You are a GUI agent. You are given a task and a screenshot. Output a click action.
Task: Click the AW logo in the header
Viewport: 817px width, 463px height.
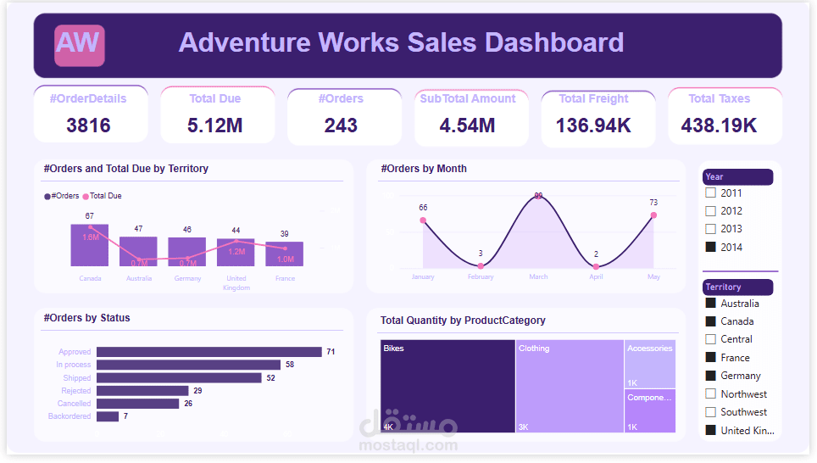click(x=79, y=45)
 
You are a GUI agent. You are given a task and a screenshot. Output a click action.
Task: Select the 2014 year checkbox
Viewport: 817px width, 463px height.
click(x=711, y=247)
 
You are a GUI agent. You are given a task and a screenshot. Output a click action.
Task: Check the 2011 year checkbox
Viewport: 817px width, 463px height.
click(x=711, y=192)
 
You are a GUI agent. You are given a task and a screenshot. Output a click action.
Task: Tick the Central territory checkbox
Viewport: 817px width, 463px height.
click(x=711, y=339)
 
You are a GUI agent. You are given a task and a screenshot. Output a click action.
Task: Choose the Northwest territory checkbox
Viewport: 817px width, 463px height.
click(x=711, y=393)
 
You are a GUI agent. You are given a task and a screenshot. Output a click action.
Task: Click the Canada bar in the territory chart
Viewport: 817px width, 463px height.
click(x=90, y=246)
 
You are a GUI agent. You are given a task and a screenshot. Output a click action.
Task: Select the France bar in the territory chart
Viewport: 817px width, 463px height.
click(x=285, y=254)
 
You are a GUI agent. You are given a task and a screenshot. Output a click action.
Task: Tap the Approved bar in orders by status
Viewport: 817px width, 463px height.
click(x=208, y=352)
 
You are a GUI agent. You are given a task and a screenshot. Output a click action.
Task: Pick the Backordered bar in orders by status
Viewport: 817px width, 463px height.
click(x=108, y=416)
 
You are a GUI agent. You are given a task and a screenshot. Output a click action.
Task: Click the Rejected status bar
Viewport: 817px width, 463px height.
click(x=142, y=391)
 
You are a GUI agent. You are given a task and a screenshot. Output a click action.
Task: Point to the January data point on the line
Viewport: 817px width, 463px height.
click(x=423, y=220)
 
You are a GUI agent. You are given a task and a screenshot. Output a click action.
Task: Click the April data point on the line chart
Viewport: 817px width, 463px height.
click(x=596, y=266)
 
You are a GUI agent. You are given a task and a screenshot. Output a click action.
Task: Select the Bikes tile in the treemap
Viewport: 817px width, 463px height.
click(x=447, y=386)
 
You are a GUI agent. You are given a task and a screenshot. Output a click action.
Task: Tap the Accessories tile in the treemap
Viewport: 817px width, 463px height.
click(x=650, y=364)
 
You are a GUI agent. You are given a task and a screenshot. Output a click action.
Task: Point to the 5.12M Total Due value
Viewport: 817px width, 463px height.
click(x=215, y=126)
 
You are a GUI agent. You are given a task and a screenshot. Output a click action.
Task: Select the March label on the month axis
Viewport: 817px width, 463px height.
click(x=538, y=276)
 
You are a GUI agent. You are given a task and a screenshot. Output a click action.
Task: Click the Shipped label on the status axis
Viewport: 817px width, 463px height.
click(x=76, y=378)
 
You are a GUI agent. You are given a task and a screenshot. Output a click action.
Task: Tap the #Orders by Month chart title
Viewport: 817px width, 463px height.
click(x=424, y=169)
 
